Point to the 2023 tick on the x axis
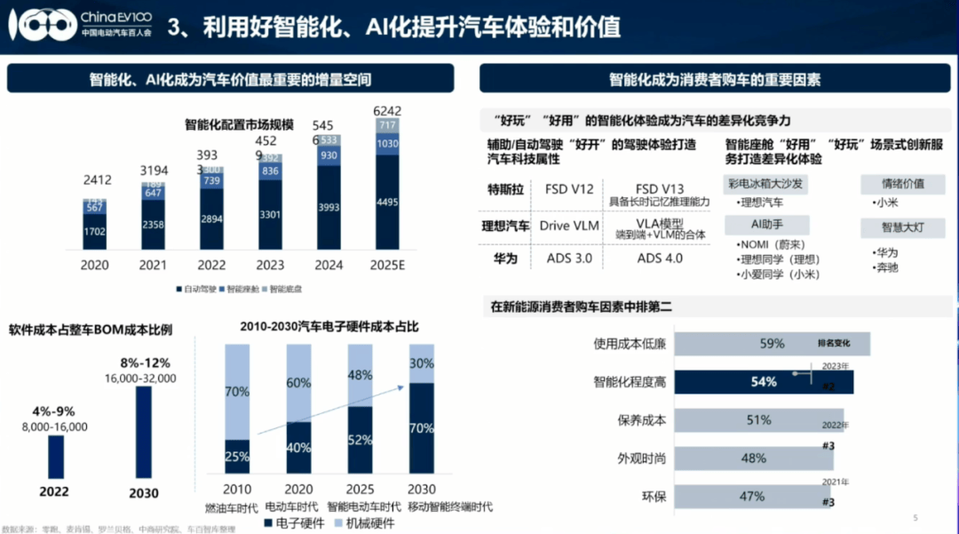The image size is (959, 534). point(269,265)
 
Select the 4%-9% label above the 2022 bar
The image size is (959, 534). point(55,412)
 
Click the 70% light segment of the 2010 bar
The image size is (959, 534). point(237,391)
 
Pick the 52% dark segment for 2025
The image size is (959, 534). point(360,439)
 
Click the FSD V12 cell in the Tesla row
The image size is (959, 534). point(568,189)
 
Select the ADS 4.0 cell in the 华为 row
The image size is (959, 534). point(660,258)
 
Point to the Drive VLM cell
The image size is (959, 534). point(568,226)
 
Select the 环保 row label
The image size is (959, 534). point(654,497)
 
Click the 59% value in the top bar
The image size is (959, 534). point(772,344)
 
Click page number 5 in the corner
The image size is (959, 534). point(915,518)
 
